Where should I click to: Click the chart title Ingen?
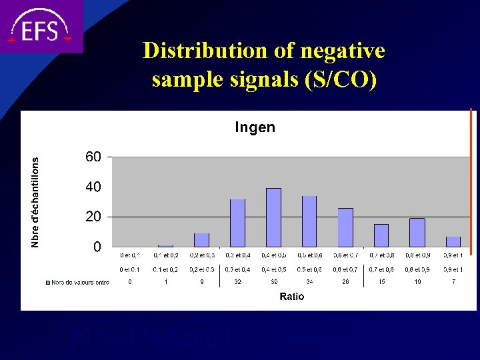[x=255, y=127]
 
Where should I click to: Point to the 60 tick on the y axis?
[x=93, y=157]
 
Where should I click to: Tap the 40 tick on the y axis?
[x=93, y=187]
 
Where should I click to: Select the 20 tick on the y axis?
[x=93, y=217]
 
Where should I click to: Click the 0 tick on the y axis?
[x=97, y=247]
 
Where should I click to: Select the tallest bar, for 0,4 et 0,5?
[x=273, y=217]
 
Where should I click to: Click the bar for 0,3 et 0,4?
[x=237, y=223]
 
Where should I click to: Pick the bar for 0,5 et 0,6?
[x=309, y=221]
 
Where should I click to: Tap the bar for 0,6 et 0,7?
[x=345, y=227]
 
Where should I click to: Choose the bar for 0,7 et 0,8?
[x=381, y=235]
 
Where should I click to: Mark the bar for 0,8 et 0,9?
[x=417, y=233]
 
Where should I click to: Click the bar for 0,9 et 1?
[x=453, y=241]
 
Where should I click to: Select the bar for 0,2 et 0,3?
[x=201, y=240]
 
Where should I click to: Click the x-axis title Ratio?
[x=292, y=297]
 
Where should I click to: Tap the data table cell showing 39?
[x=273, y=282]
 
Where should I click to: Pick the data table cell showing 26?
[x=345, y=282]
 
